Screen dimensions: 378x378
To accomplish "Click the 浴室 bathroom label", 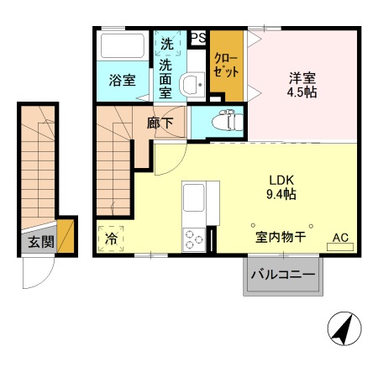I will click(x=123, y=81).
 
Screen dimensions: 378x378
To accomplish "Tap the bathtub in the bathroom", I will click(x=123, y=46).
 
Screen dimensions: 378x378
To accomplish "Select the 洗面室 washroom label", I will click(x=166, y=77).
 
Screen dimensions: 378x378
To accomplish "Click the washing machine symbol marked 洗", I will click(x=166, y=43).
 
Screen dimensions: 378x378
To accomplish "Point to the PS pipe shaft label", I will click(x=198, y=38).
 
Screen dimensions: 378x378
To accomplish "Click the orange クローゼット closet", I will click(x=225, y=65).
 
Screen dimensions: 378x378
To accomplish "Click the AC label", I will click(x=341, y=238).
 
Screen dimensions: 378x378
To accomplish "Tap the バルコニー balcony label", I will click(x=283, y=275).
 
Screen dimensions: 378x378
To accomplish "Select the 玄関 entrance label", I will click(x=34, y=243).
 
